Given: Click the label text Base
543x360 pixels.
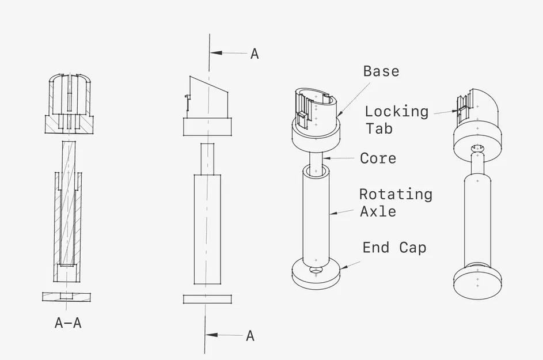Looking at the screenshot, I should coord(381,71).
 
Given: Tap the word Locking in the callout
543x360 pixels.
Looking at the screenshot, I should coord(396,111).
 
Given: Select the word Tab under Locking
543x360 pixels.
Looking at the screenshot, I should coord(379,128).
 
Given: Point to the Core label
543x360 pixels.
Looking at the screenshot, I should coord(378,158).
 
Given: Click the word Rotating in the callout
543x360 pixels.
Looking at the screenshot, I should coord(395,194).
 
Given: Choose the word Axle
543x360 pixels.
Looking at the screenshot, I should coord(378,211).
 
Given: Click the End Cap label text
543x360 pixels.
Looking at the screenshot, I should coord(394,248).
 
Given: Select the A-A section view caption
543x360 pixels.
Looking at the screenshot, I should coord(67,323).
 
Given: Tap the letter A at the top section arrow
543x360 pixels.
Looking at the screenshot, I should coord(254,54).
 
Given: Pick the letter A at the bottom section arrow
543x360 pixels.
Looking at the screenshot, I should coord(250,336).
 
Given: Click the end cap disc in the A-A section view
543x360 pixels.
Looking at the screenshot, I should coord(67,297).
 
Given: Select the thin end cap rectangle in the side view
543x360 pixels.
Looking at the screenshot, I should coord(207,299).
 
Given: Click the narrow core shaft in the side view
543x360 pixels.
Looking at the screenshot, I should coord(208,159).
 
